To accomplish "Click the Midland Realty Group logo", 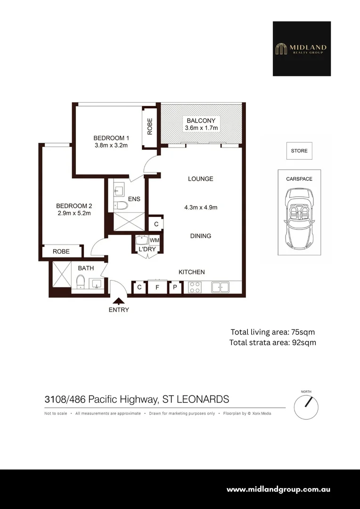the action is pyautogui.click(x=302, y=49).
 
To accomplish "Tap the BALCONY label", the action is pyautogui.click(x=201, y=121).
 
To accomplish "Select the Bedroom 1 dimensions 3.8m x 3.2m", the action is pyautogui.click(x=111, y=146).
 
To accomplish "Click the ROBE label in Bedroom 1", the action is pyautogui.click(x=150, y=126).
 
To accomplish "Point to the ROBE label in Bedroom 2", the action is pyautogui.click(x=61, y=252).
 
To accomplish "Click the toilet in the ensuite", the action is pyautogui.click(x=121, y=205).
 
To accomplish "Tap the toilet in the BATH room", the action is pyautogui.click(x=80, y=281).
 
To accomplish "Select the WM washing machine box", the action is pyautogui.click(x=154, y=240).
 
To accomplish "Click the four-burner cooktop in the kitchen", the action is pyautogui.click(x=195, y=287).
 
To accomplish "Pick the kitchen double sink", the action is pyautogui.click(x=220, y=287).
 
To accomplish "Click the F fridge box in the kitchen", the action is pyautogui.click(x=157, y=287).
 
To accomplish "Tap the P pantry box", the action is pyautogui.click(x=175, y=287).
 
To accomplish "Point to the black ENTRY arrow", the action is pyautogui.click(x=119, y=301).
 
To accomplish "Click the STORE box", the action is pyautogui.click(x=299, y=151).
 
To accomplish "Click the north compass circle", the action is pyautogui.click(x=306, y=407).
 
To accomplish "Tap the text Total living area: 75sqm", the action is pyautogui.click(x=273, y=332).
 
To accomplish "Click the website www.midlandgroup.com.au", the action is pyautogui.click(x=278, y=490).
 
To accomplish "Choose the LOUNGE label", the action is pyautogui.click(x=201, y=179).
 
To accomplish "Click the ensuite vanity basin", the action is pyautogui.click(x=118, y=189).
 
